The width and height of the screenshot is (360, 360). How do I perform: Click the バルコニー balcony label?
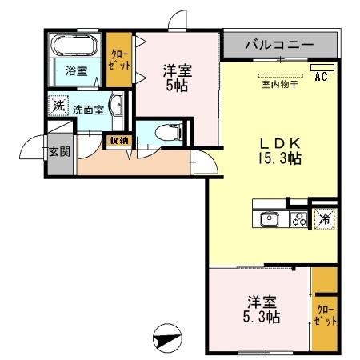point(279,45)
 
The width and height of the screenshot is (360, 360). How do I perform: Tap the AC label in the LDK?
point(321,77)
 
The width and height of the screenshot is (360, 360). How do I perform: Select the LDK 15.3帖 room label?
point(278,150)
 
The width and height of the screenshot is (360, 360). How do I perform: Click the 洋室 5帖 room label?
point(178,76)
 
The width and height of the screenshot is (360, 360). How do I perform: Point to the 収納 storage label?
point(118,142)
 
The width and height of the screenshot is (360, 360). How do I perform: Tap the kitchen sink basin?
point(268,218)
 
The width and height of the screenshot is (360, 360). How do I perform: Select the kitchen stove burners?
point(299,218)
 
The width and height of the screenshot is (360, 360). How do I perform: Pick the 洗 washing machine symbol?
point(58,106)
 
